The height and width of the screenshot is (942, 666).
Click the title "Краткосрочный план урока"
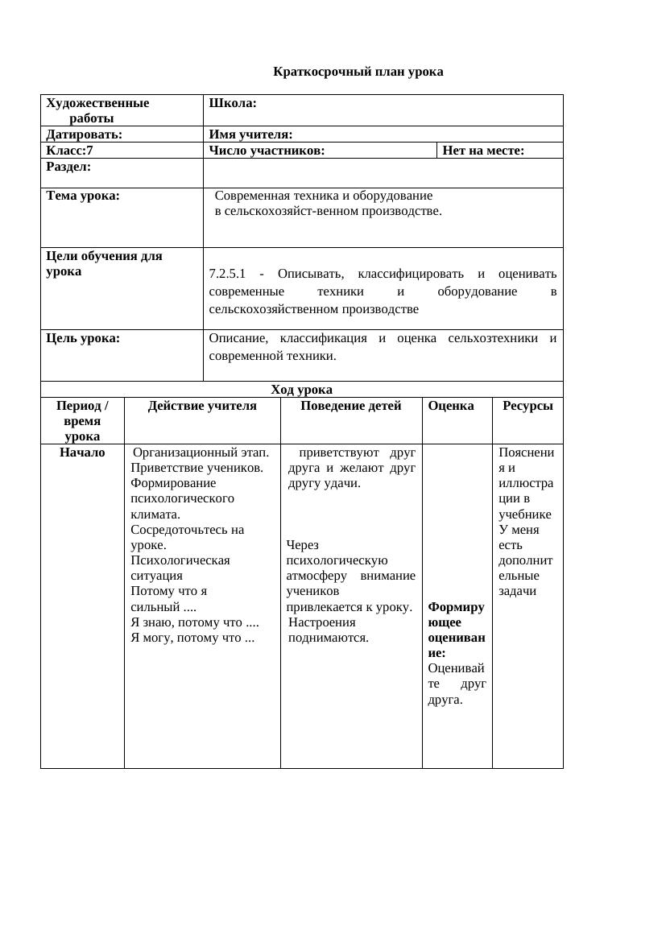pos(358,72)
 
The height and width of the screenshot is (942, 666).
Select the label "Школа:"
pos(233,103)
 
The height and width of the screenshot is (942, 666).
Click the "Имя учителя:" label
pos(250,134)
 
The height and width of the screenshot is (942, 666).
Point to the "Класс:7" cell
pos(69,150)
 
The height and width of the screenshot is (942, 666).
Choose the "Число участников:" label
pos(267,150)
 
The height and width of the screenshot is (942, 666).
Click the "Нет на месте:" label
pos(483,150)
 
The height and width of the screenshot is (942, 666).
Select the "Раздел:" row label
pos(68,167)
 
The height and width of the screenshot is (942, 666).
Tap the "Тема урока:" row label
pos(83,196)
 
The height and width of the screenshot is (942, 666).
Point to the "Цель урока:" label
pos(83,338)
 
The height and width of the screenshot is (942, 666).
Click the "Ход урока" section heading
pos(301,390)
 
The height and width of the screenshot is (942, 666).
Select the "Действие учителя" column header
pos(202,406)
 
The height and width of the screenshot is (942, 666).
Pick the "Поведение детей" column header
pos(350,406)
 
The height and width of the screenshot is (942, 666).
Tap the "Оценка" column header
pos(451,406)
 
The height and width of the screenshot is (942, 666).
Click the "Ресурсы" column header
pos(527,406)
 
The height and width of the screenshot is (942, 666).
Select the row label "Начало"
pos(82,452)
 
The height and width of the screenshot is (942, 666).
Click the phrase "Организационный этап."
pos(201,452)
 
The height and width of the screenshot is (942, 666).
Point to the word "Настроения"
pos(321,622)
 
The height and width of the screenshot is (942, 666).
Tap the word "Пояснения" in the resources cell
pos(526,460)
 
